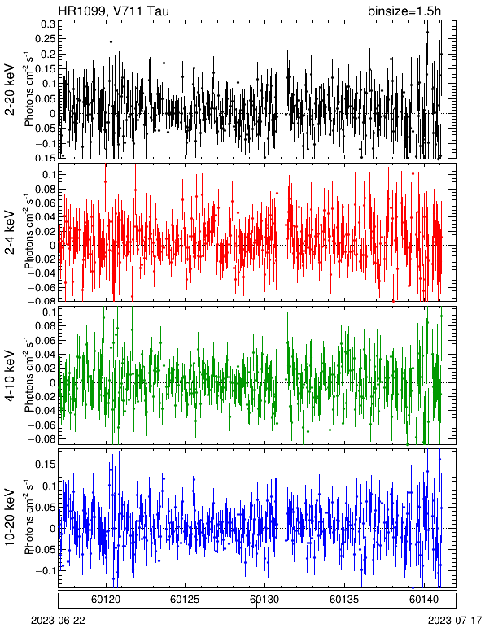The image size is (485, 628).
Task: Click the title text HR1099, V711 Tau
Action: pos(114,11)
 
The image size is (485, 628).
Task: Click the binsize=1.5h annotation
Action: pos(404,11)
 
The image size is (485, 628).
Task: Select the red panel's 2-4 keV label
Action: pos(10,233)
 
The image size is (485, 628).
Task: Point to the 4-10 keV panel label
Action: pos(10,375)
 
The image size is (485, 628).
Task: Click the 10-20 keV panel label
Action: pos(10,517)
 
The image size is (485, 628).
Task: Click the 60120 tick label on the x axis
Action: pos(106,600)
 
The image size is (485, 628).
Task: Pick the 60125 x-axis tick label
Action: pos(185,600)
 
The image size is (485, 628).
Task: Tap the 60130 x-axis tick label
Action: pos(264,600)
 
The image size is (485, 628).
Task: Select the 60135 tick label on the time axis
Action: pos(344,600)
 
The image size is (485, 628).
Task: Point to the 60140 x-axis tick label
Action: pos(423,600)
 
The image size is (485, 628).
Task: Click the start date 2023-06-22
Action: pos(58,621)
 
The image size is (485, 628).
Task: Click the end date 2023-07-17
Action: pos(455,621)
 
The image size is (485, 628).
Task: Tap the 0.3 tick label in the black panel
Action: pos(48,24)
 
